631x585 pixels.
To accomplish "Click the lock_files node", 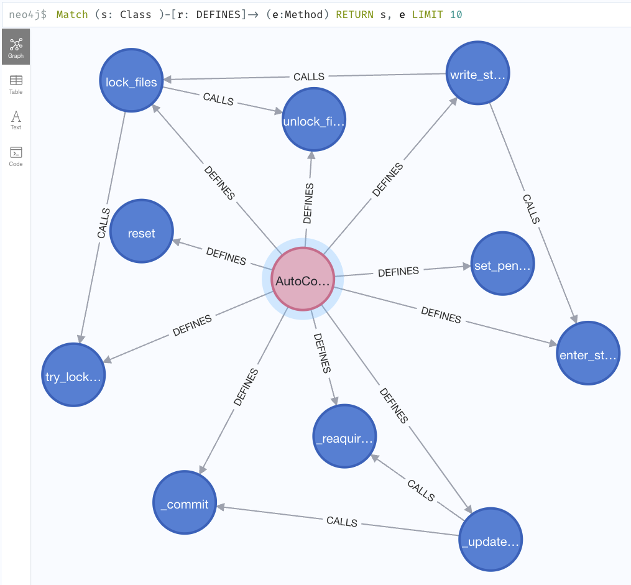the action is tap(131, 80).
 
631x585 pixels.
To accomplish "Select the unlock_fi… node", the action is tap(314, 119).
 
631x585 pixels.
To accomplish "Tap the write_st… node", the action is tap(477, 73).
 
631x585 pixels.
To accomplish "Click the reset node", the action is tap(142, 231).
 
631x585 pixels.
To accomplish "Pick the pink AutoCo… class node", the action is tap(303, 279).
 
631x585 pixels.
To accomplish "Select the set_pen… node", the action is tap(503, 264).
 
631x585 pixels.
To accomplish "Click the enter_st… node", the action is tap(588, 353).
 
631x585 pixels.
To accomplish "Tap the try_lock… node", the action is tap(73, 375).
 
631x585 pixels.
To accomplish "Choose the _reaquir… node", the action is tap(344, 436).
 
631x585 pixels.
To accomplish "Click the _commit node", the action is tap(185, 502).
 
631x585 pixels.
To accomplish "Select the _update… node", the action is tap(491, 540).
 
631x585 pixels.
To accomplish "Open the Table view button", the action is tap(16, 85).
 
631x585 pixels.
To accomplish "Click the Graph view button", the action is tap(16, 47).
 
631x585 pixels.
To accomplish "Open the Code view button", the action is tap(16, 157).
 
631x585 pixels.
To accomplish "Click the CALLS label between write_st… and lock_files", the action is tap(309, 76).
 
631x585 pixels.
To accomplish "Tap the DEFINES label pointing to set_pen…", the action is tap(398, 272).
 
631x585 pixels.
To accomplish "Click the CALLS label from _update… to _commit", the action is tap(342, 522).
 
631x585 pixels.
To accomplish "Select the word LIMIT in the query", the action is tap(427, 14).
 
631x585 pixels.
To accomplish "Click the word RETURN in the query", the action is tap(354, 14).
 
